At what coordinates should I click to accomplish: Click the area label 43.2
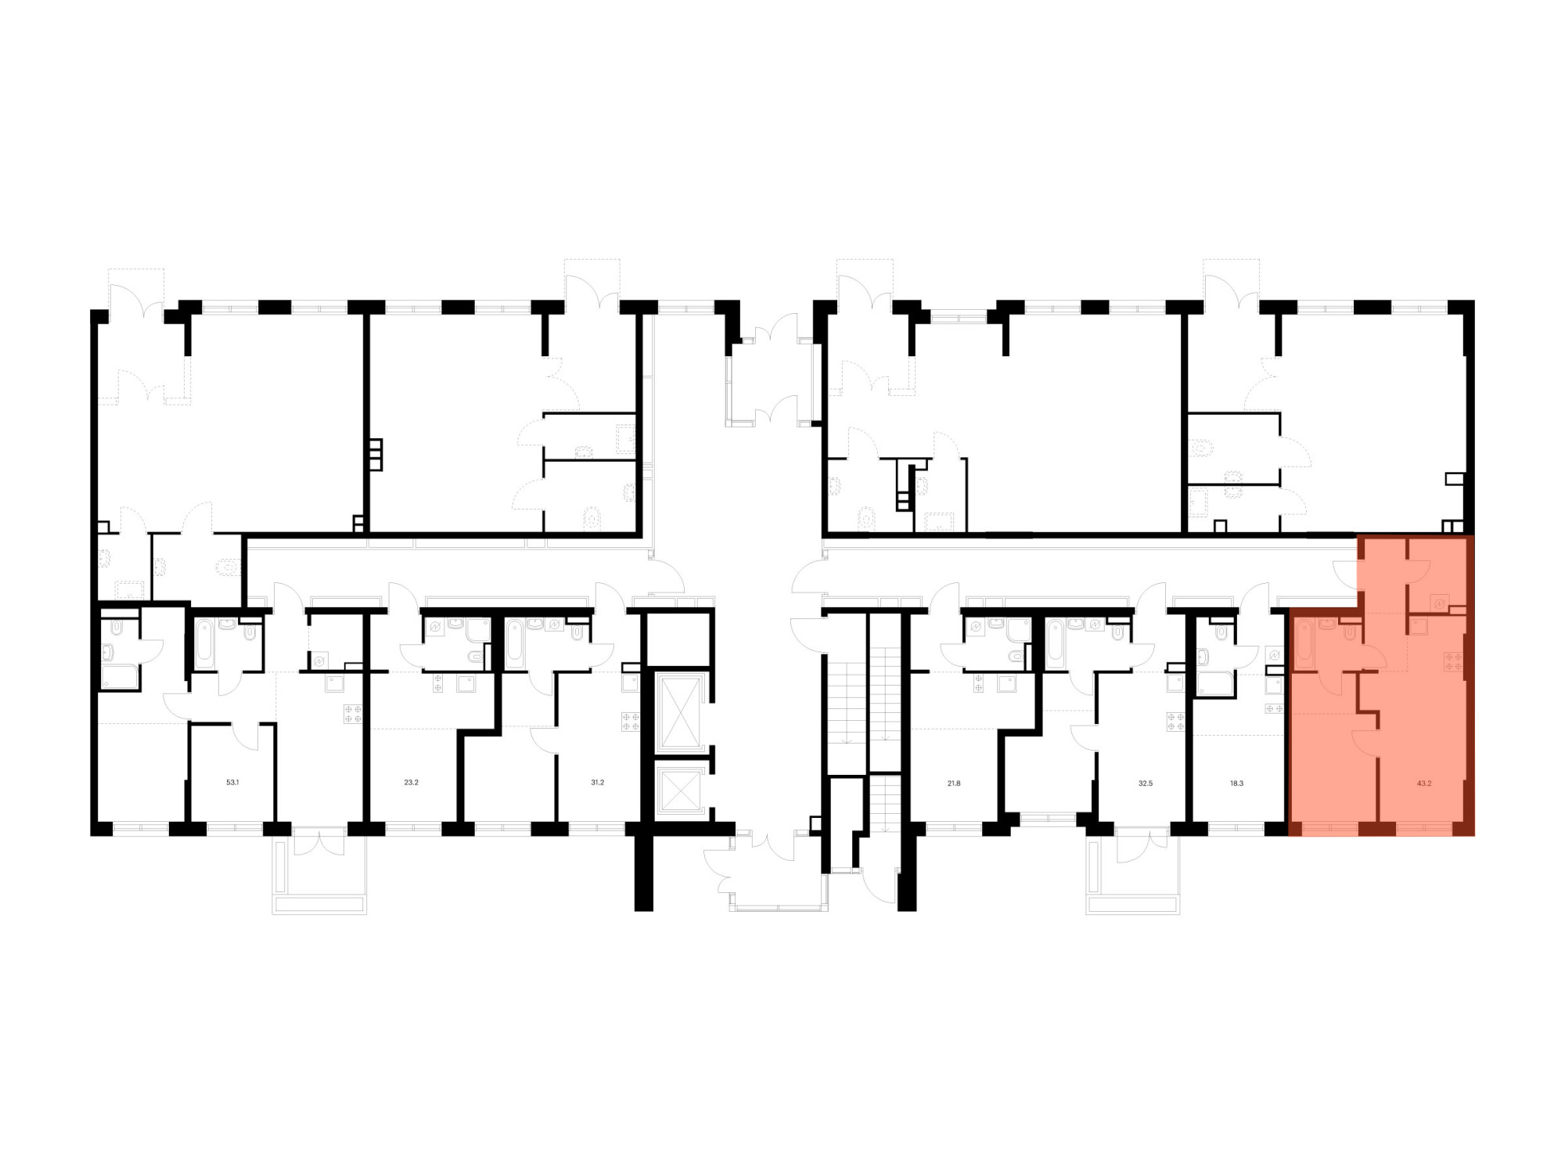1424,783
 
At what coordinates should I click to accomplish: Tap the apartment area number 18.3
1236,783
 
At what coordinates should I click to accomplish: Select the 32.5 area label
1146,783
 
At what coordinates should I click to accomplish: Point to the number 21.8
954,783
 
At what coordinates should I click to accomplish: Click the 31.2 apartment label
597,782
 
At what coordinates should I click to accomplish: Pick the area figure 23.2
411,782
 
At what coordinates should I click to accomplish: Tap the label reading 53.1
232,782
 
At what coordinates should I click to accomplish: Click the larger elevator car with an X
679,711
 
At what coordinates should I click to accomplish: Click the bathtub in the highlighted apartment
1304,644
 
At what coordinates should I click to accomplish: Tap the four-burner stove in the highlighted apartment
1454,661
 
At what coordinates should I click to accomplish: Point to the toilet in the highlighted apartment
1350,631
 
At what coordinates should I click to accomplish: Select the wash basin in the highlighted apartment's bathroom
1327,624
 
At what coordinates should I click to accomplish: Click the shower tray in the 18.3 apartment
1215,682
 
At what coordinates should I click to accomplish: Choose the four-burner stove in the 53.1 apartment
353,713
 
